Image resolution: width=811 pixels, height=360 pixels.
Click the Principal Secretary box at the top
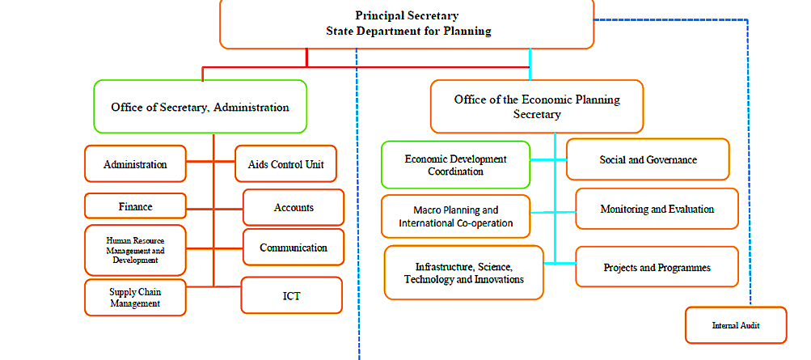(407, 24)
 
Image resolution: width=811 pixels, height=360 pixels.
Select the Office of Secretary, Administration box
(201, 107)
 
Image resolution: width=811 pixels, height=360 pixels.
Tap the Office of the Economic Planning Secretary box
(537, 106)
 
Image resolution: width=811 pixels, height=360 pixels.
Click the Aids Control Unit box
(286, 164)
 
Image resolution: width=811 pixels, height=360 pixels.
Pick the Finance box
(136, 205)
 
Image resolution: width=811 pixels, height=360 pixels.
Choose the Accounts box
(294, 207)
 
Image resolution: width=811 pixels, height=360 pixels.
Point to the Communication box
(294, 248)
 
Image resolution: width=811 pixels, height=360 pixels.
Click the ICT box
(292, 295)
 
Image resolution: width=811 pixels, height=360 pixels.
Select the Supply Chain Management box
(135, 298)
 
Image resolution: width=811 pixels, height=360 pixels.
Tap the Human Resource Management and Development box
(135, 250)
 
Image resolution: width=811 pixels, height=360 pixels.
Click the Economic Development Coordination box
(456, 164)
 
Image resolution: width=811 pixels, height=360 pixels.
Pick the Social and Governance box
(648, 159)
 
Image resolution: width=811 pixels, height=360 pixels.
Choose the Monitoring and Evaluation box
(657, 209)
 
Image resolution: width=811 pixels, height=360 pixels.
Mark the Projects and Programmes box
(657, 267)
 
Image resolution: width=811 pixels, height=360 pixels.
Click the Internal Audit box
(736, 325)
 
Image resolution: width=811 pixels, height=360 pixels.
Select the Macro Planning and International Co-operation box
(456, 216)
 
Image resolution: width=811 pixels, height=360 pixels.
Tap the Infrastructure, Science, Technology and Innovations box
(464, 273)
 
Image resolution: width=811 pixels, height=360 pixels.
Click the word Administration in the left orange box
(135, 164)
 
